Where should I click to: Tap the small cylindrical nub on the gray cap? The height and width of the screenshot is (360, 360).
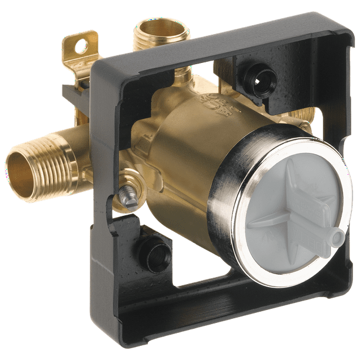point(336,237)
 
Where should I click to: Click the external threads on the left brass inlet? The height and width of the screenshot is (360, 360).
point(59,165)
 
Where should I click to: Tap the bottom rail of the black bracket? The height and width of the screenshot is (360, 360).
point(235,312)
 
